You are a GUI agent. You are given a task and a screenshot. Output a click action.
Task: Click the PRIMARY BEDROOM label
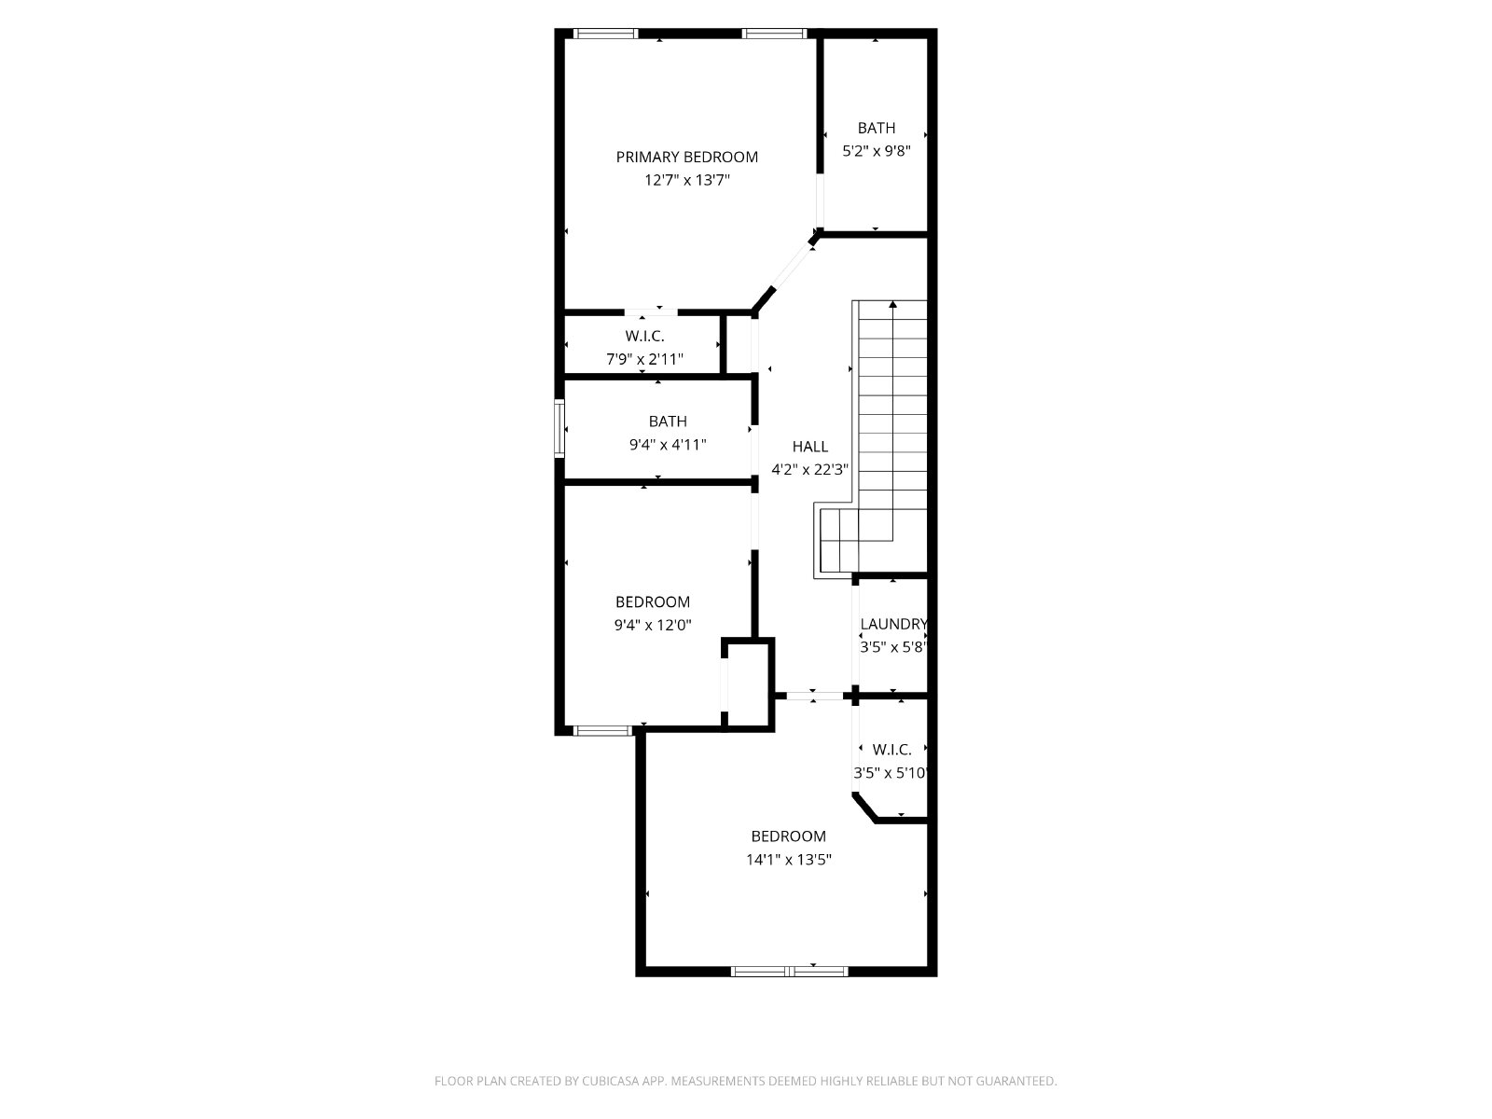pos(686,157)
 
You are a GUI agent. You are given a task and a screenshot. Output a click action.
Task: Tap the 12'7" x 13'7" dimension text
pos(687,180)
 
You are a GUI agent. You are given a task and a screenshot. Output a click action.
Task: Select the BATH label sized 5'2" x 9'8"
pos(877,128)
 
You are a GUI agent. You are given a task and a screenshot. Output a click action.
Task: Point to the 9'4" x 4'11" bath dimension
pos(668,445)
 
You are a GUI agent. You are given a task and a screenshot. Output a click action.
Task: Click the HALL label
pos(810,447)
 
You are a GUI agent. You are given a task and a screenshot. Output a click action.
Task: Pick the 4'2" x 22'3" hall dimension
pos(810,469)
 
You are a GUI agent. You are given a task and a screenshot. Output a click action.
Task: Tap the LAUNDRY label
pos(894,624)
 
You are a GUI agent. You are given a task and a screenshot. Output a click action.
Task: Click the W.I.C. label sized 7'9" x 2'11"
pos(644,336)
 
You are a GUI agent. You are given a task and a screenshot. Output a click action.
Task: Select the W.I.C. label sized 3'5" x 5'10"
pos(891,750)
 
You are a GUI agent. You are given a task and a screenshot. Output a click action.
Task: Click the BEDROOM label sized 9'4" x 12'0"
pos(653,602)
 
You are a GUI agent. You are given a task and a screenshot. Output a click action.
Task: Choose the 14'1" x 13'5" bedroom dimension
pos(789,860)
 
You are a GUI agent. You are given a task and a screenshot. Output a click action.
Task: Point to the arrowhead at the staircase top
pos(892,304)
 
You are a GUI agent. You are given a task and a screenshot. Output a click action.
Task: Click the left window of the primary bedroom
pos(605,34)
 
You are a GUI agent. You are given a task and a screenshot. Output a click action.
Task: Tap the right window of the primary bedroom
pos(774,34)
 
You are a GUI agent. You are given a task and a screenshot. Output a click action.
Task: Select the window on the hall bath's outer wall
pos(559,429)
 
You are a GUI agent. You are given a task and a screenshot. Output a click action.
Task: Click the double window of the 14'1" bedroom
pos(789,972)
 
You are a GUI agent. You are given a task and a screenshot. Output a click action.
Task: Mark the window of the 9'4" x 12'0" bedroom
pos(603,731)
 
